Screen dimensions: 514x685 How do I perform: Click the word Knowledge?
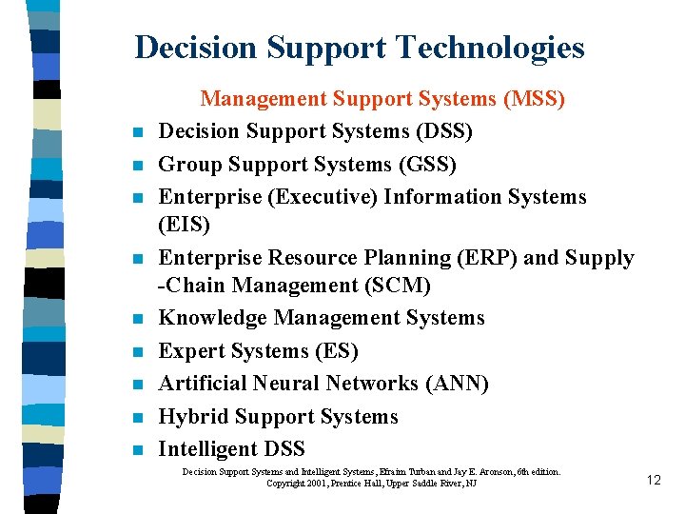pos(210,318)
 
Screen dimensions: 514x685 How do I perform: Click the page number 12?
pos(653,480)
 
